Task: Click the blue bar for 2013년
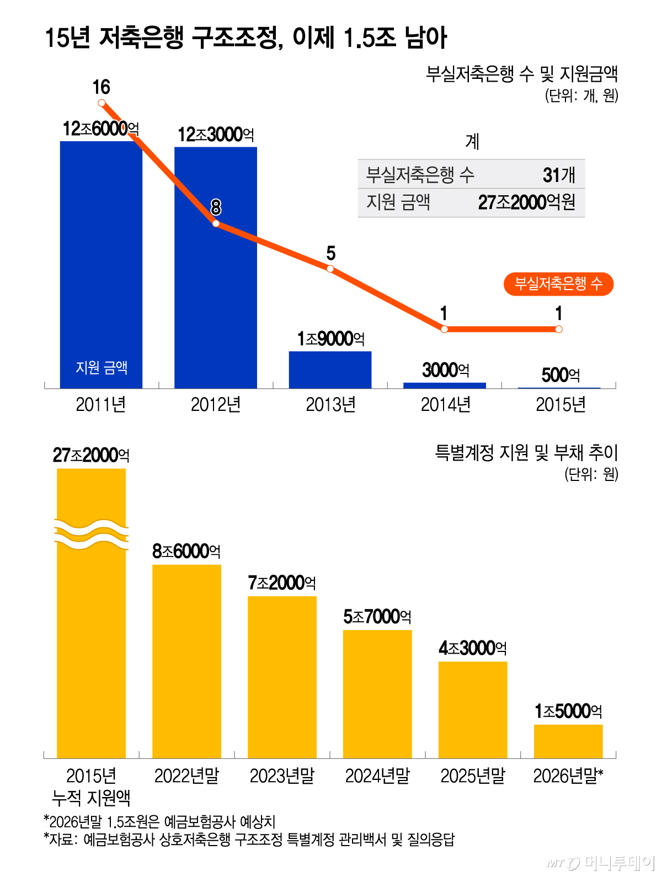click(x=330, y=370)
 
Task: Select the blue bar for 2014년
click(x=444, y=386)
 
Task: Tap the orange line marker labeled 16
click(x=102, y=103)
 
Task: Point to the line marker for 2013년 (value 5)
click(x=330, y=269)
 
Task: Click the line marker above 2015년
click(x=558, y=329)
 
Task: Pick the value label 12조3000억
click(x=216, y=135)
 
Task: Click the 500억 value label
click(x=560, y=375)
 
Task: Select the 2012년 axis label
click(x=216, y=405)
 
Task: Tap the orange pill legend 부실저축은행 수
click(x=558, y=284)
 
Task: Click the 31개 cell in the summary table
click(x=558, y=175)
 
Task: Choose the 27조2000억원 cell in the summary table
click(x=526, y=202)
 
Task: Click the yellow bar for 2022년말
click(x=186, y=661)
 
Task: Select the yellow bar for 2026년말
click(x=568, y=741)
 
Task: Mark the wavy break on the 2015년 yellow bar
click(x=91, y=534)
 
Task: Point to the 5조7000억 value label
click(x=377, y=617)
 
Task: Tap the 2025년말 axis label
click(x=473, y=776)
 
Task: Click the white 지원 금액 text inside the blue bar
click(x=102, y=367)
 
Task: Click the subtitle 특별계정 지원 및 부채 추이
click(x=526, y=453)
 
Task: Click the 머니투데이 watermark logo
click(x=600, y=863)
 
